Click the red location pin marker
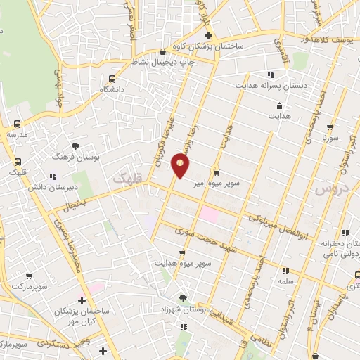click(x=181, y=167)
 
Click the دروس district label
click(x=328, y=189)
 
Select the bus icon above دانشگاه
click(x=111, y=79)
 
